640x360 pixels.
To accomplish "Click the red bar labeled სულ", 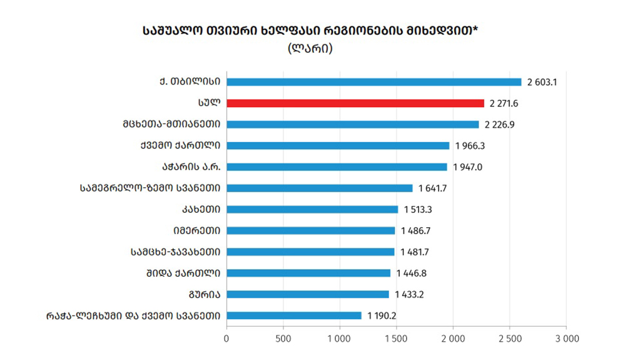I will pyautogui.click(x=355, y=103).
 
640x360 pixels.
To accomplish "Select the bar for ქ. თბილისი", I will pyautogui.click(x=373, y=81).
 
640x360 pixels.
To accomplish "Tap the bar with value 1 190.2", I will pyautogui.click(x=293, y=316).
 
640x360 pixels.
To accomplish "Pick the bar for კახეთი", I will pyautogui.click(x=312, y=209).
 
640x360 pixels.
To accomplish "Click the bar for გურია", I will pyautogui.click(x=307, y=294).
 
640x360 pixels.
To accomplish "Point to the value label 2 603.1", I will pyautogui.click(x=542, y=82).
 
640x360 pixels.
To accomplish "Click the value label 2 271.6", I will pyautogui.click(x=504, y=103).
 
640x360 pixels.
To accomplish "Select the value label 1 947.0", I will pyautogui.click(x=467, y=167).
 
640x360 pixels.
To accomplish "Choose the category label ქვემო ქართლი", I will pyautogui.click(x=180, y=145).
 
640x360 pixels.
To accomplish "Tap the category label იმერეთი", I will pyautogui.click(x=196, y=230).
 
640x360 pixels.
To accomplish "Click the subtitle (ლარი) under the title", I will pyautogui.click(x=310, y=48).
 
